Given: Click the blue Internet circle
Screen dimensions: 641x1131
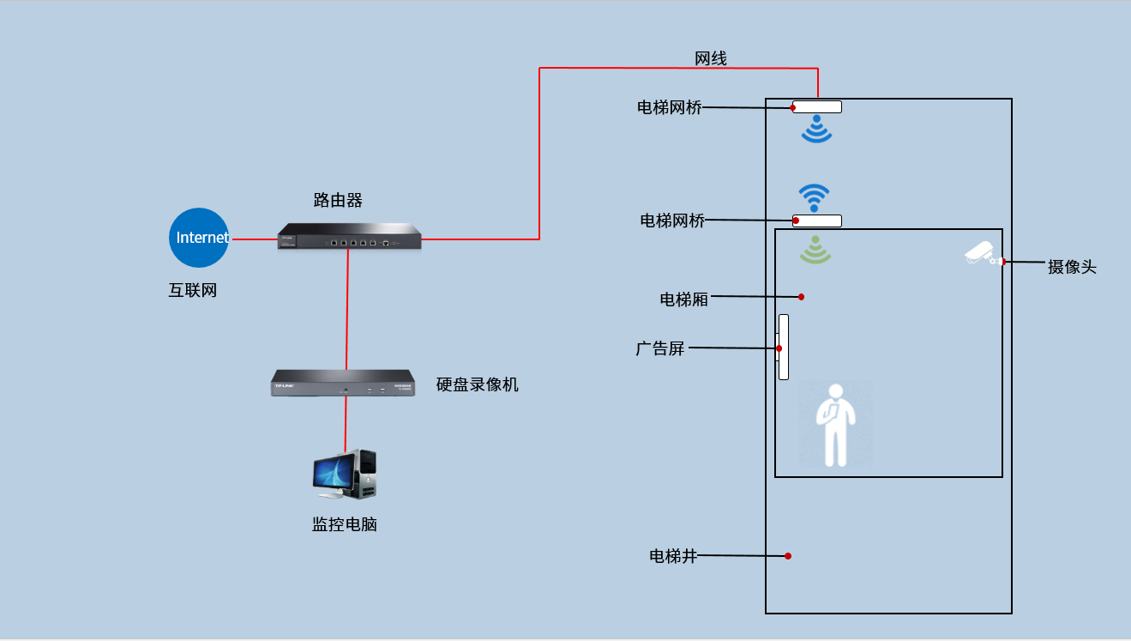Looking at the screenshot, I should (200, 238).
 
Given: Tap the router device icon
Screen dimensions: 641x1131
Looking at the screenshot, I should (350, 237).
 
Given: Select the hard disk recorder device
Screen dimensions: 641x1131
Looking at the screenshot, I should (343, 383).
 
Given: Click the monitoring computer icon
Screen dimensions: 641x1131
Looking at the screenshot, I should (345, 475).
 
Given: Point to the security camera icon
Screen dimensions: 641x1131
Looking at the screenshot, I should (981, 254).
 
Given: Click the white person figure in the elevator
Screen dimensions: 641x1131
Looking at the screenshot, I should (835, 426).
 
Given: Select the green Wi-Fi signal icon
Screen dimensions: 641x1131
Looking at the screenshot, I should (815, 249).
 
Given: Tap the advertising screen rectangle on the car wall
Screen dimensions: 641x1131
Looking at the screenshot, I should (783, 347).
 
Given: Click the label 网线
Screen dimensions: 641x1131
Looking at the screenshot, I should (711, 58).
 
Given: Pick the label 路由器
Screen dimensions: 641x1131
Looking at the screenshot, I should (338, 201).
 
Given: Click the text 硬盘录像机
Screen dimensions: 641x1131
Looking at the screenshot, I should (478, 384).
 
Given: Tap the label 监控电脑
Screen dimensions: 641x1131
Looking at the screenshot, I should (345, 524).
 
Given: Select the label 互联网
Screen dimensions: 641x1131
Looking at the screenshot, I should (193, 290).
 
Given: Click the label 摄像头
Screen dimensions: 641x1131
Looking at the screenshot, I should (1072, 267).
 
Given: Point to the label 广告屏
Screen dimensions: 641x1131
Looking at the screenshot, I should (660, 348).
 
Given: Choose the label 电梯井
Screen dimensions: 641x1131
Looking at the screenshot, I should (673, 556).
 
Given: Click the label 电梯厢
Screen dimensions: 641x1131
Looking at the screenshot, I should (683, 299).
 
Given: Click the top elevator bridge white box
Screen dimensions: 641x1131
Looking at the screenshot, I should (817, 107).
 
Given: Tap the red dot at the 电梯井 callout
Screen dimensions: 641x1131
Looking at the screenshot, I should (788, 556).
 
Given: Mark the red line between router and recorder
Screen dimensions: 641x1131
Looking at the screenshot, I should (347, 309).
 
